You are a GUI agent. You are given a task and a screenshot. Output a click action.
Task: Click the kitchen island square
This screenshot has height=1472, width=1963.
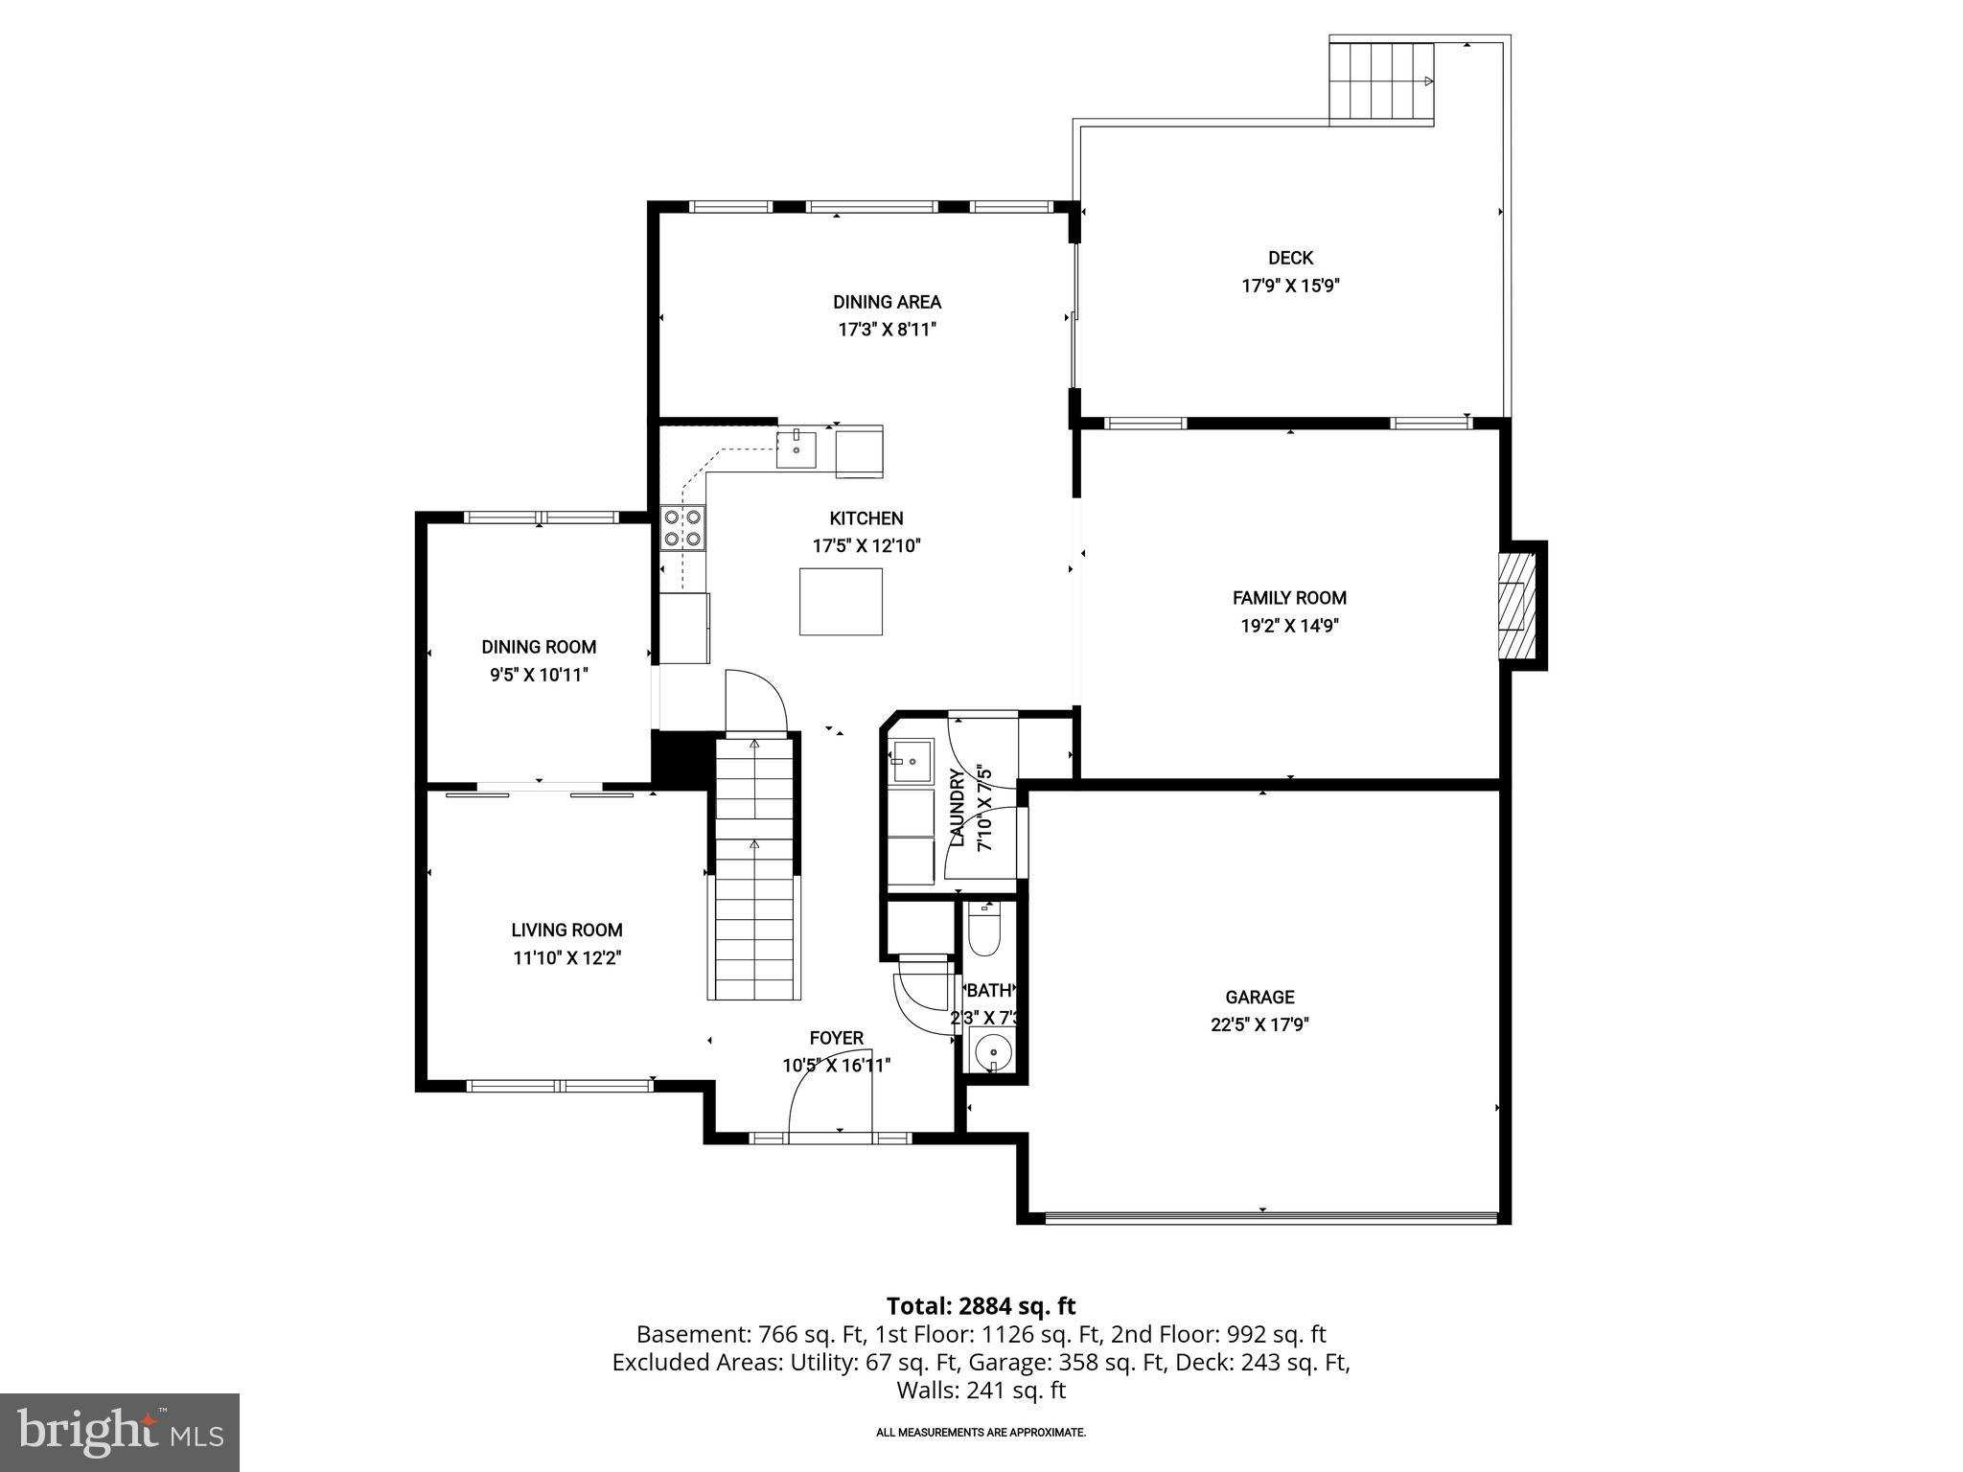click(841, 601)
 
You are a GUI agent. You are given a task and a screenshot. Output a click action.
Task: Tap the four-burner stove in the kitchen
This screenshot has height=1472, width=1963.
click(682, 528)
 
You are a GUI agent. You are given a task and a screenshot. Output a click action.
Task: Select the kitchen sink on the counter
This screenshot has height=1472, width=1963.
click(797, 448)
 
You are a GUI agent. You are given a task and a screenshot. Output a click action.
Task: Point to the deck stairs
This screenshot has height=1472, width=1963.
click(1380, 82)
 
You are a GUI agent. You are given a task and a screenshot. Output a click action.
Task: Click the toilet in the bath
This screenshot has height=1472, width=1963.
click(983, 929)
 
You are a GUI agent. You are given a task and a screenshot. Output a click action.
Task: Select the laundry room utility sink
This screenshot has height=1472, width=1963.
click(910, 762)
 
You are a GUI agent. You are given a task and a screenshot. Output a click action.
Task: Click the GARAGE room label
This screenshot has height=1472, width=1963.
click(1259, 997)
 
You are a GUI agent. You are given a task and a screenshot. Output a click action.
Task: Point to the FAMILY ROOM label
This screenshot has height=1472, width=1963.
click(1289, 598)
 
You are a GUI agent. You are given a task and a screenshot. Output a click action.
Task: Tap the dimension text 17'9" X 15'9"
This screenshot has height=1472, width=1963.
click(1290, 286)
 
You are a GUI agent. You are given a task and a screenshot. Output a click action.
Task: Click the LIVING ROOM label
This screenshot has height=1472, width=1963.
click(566, 930)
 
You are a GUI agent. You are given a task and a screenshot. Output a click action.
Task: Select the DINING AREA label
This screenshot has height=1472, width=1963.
click(887, 302)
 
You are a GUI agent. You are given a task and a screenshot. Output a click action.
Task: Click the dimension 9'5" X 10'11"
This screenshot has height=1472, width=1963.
click(539, 675)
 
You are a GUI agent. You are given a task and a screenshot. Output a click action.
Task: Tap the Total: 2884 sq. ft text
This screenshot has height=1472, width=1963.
click(981, 1306)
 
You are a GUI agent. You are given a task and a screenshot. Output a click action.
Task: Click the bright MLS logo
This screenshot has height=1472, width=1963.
click(120, 1432)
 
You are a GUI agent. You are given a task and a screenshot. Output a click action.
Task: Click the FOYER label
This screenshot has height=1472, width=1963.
click(836, 1038)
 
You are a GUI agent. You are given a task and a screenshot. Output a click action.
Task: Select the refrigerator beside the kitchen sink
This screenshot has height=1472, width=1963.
click(859, 451)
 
